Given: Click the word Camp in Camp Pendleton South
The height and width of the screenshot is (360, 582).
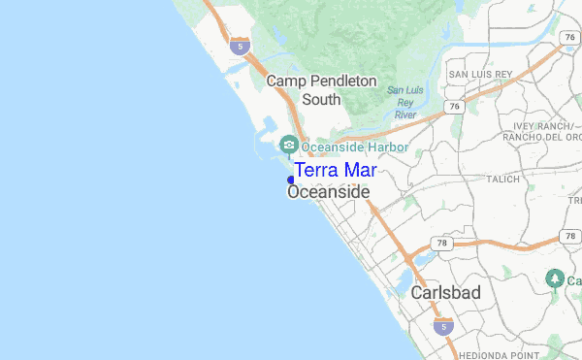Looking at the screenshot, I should click(287, 82).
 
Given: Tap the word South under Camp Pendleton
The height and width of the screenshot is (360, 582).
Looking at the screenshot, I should click(321, 99).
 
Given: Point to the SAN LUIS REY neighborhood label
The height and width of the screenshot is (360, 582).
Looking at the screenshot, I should click(478, 74).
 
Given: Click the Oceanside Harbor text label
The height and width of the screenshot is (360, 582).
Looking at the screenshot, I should click(355, 147).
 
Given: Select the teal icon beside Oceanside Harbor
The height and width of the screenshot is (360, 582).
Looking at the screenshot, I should click(288, 147).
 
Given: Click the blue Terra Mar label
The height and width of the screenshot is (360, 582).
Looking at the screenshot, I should click(335, 171).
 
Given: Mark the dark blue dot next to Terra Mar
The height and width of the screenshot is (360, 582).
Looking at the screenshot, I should click(291, 180).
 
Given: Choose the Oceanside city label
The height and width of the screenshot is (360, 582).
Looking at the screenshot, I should click(329, 193).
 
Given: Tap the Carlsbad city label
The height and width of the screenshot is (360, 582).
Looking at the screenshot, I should click(445, 292).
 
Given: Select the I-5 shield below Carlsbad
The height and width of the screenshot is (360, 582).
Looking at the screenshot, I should click(442, 325).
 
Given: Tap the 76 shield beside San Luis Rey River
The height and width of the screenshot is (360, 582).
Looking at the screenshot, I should click(453, 105).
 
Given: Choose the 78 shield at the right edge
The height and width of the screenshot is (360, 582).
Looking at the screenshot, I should click(568, 236).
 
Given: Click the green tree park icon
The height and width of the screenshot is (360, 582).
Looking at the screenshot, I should click(555, 278).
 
